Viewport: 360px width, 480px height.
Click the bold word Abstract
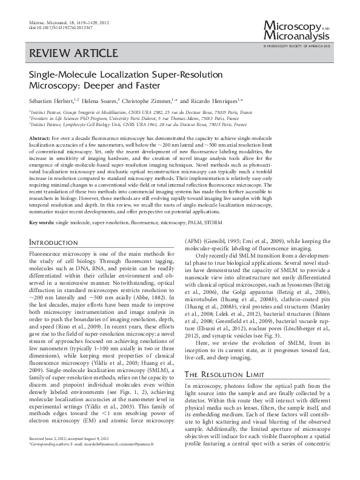point(39,139)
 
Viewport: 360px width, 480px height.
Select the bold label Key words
point(41,223)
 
